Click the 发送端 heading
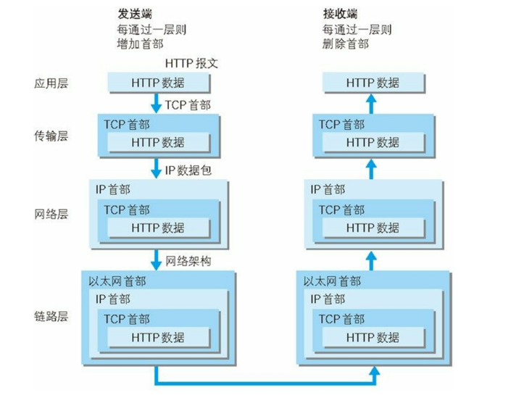click(x=135, y=14)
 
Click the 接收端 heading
click(x=340, y=14)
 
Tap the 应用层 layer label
click(x=51, y=83)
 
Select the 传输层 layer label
click(x=51, y=136)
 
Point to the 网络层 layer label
click(x=51, y=214)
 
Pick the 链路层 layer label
click(x=51, y=316)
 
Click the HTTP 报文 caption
click(x=191, y=63)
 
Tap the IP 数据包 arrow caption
click(x=188, y=170)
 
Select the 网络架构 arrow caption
click(x=188, y=261)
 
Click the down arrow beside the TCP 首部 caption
click(x=156, y=104)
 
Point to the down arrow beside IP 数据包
click(x=156, y=168)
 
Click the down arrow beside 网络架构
click(x=156, y=260)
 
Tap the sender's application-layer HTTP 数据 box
click(x=159, y=83)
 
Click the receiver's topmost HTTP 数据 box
click(x=373, y=83)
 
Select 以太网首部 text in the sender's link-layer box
click(x=117, y=281)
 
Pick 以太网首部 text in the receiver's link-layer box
click(x=332, y=281)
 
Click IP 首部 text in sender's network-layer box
click(x=113, y=190)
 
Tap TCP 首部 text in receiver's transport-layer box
click(x=341, y=125)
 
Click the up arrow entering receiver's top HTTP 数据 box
click(x=371, y=104)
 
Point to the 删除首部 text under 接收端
click(x=346, y=44)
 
